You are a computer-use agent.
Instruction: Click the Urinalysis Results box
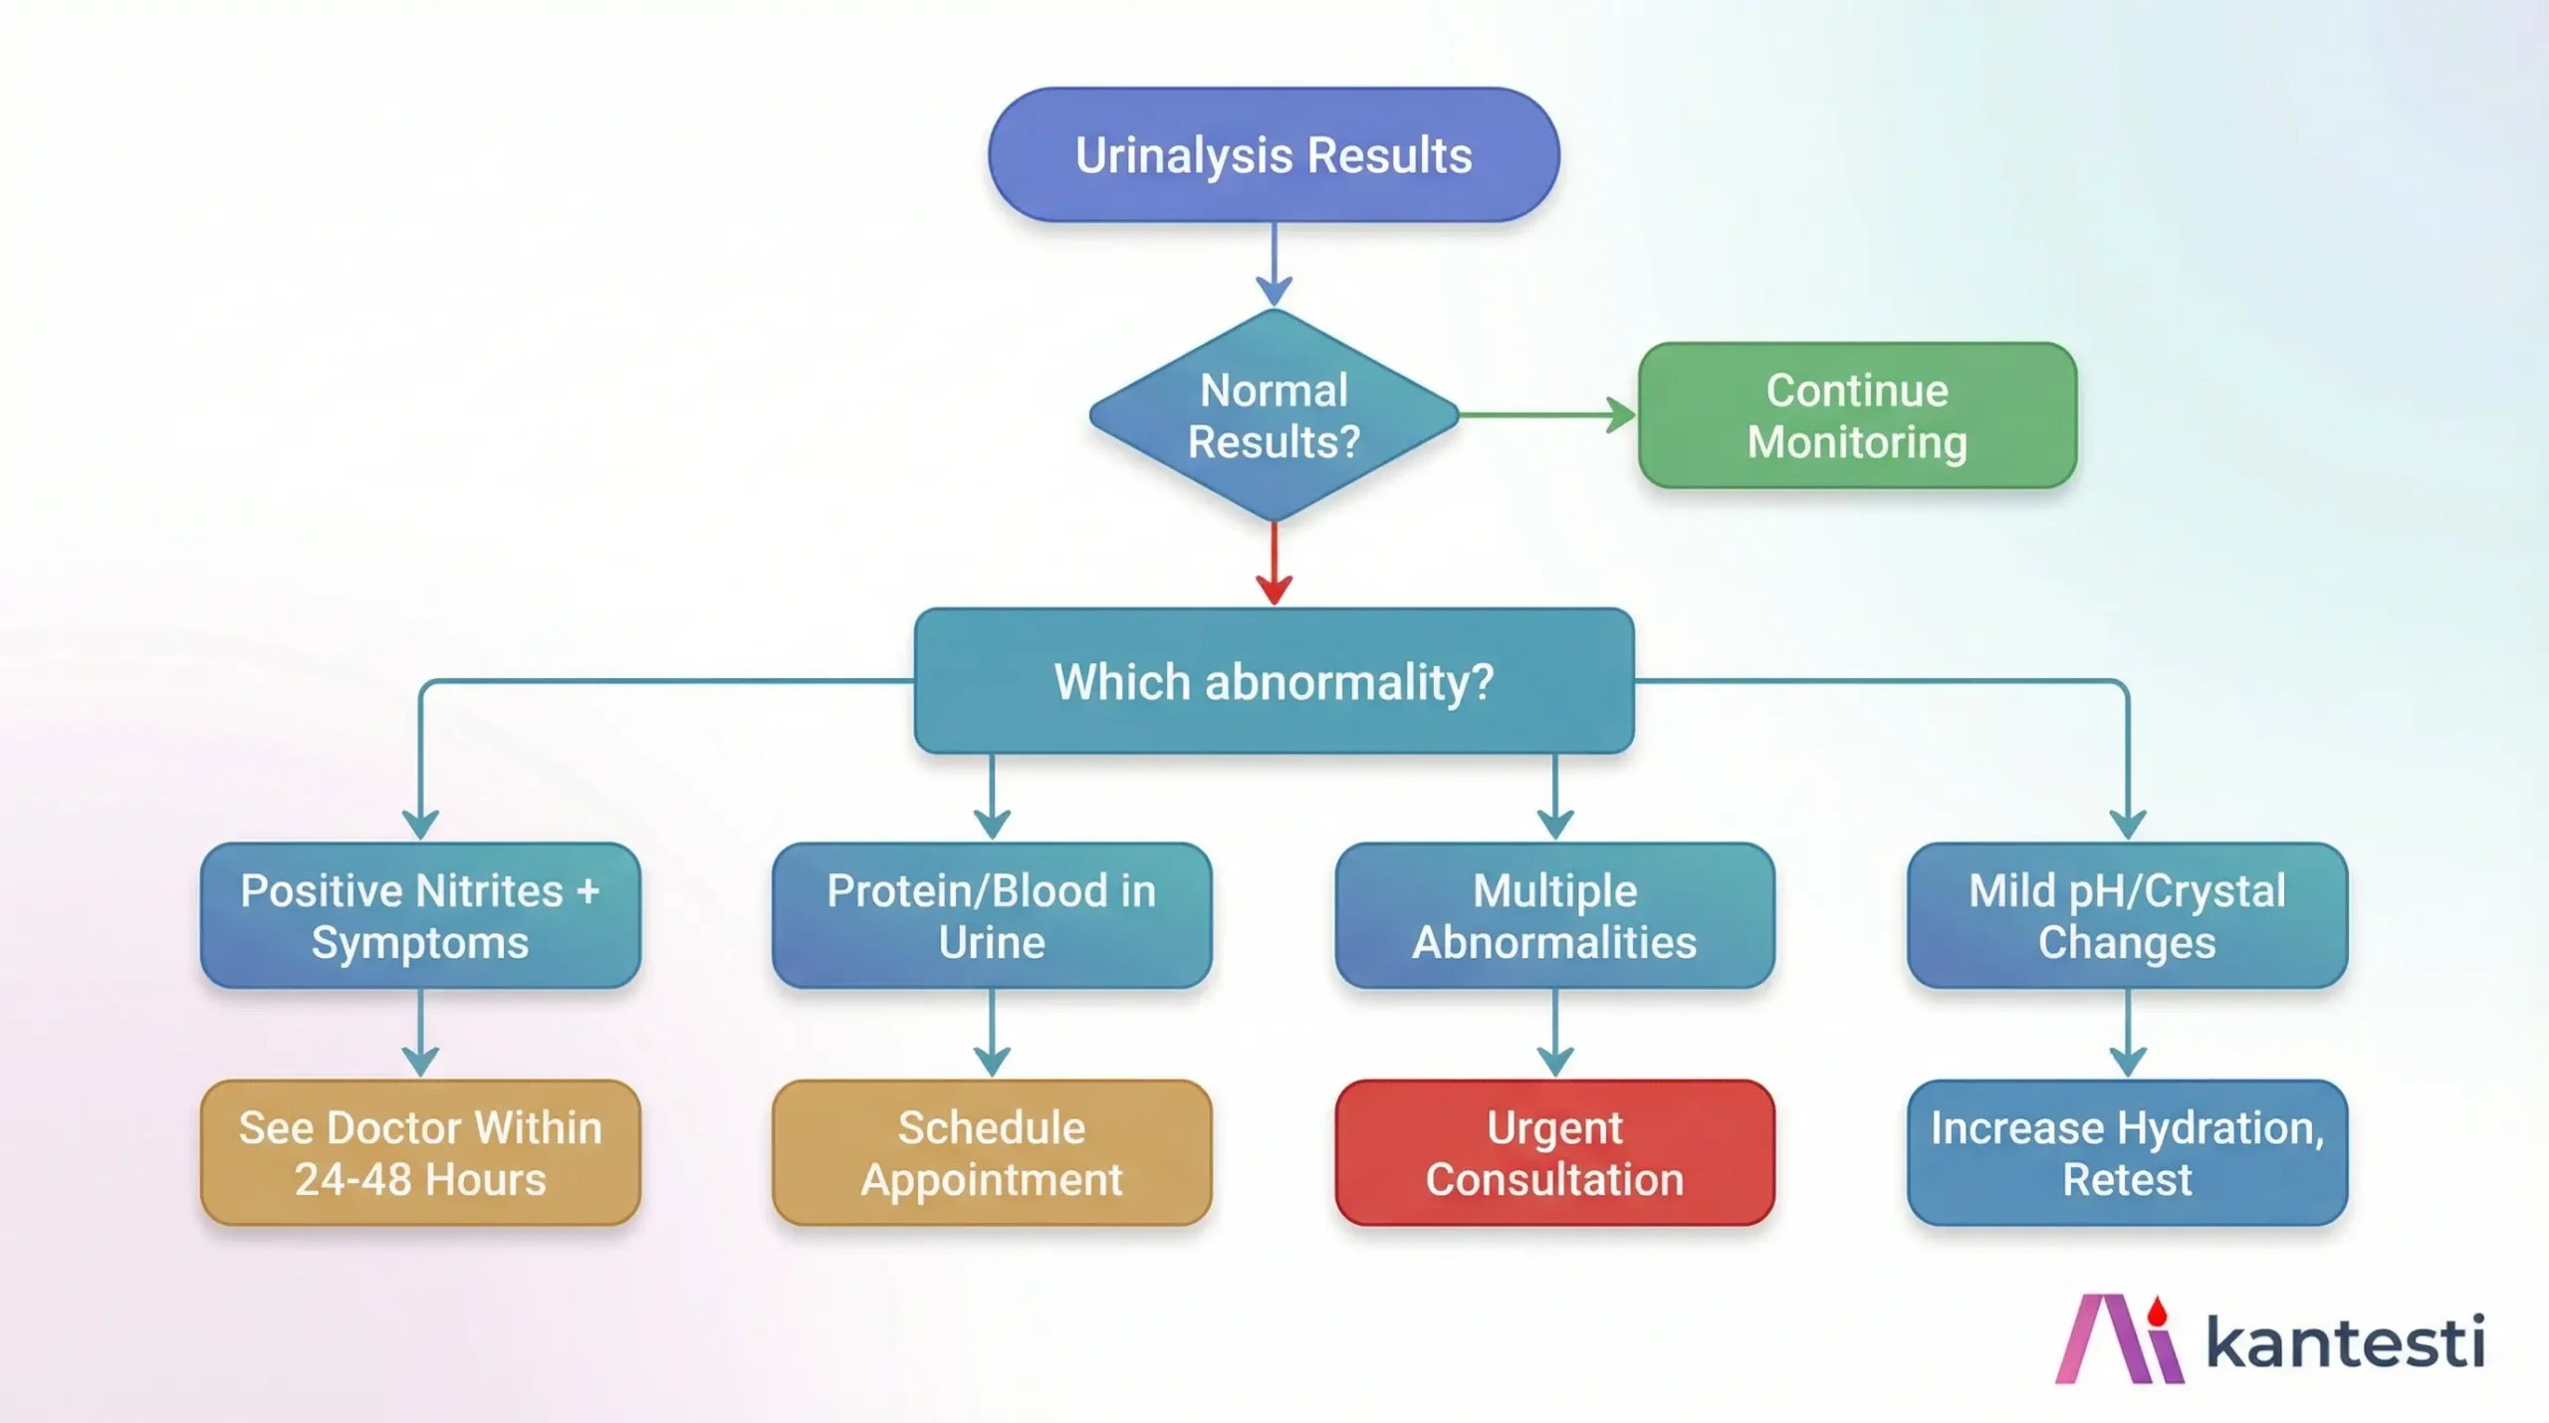tap(1274, 155)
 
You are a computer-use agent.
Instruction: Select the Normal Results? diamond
tap(1274, 415)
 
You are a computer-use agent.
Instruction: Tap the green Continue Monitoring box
tap(1857, 415)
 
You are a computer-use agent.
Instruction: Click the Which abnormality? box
tap(1274, 681)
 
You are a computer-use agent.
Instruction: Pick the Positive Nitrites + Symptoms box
tap(420, 915)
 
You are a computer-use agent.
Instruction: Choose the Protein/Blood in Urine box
tap(992, 915)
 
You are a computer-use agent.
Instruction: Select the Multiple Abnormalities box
tap(1554, 915)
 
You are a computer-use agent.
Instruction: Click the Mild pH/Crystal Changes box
tap(2127, 915)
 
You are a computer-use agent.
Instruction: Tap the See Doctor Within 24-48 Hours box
tap(420, 1152)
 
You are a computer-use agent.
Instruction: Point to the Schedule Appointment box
tap(992, 1152)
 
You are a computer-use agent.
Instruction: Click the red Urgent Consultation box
tap(1554, 1152)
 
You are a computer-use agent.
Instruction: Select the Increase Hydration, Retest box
tap(2127, 1152)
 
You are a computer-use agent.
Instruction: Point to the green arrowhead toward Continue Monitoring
tap(1622, 415)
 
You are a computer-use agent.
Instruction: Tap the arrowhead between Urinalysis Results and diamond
tap(1274, 292)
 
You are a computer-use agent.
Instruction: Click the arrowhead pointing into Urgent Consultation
tap(1554, 1062)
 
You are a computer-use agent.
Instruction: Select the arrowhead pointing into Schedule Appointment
tap(992, 1062)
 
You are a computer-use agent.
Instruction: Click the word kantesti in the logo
tap(2345, 1342)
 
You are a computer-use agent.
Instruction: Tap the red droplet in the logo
tap(2157, 1311)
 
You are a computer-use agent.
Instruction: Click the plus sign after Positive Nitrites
tap(587, 890)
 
